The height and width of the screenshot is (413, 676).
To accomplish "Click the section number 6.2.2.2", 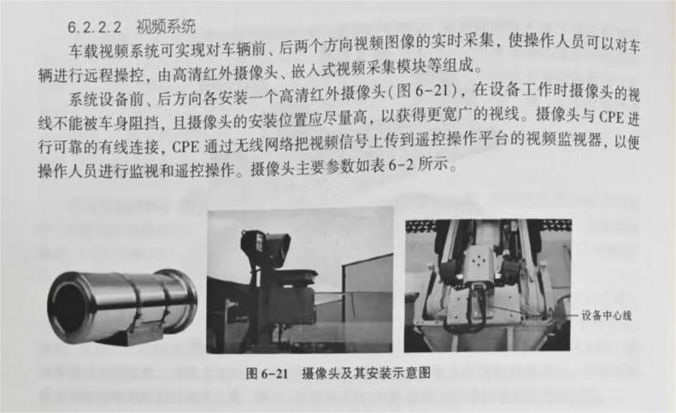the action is (95, 27).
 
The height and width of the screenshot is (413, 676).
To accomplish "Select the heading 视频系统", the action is (166, 27).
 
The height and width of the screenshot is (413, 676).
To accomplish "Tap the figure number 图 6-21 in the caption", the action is (267, 373).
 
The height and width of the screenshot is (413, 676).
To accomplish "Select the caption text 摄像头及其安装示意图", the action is (366, 373).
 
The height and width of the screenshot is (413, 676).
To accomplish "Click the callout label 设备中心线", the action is (606, 316).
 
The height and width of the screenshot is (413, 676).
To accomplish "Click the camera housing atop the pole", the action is (264, 245).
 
